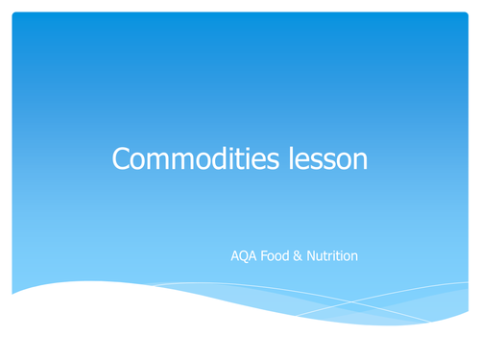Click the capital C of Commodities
point(122,158)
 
